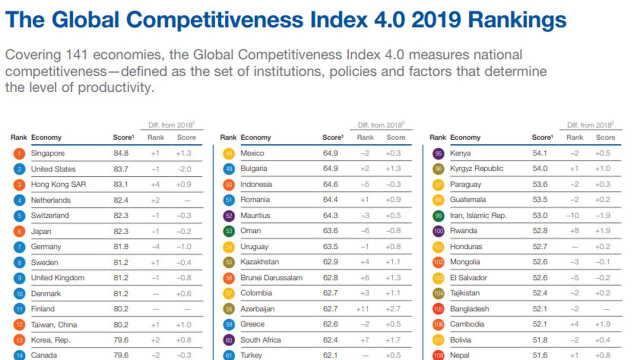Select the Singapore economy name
pyautogui.click(x=47, y=153)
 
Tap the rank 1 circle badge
pyautogui.click(x=19, y=153)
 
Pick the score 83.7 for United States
pyautogui.click(x=120, y=169)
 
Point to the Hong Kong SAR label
pyautogui.click(x=58, y=184)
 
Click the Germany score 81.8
pyautogui.click(x=120, y=246)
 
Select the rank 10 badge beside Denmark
pyautogui.click(x=19, y=293)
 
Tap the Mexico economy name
pyautogui.click(x=252, y=153)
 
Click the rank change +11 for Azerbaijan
pyautogui.click(x=363, y=309)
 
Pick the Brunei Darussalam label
pyautogui.click(x=271, y=277)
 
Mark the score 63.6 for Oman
pyautogui.click(x=330, y=230)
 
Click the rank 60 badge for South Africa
pyautogui.click(x=228, y=340)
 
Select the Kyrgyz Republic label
pyautogui.click(x=476, y=168)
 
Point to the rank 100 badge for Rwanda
pyautogui.click(x=438, y=231)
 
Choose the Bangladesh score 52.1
pyautogui.click(x=539, y=309)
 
